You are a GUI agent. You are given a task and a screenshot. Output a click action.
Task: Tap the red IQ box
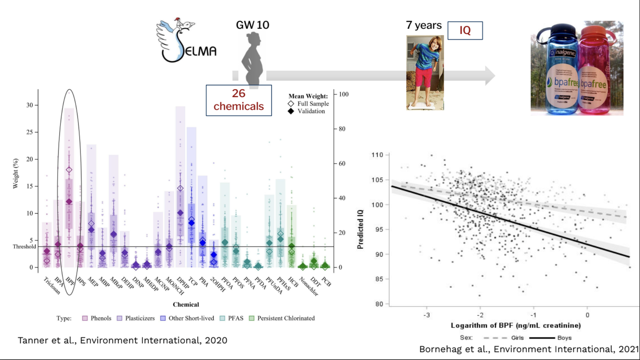(x=465, y=30)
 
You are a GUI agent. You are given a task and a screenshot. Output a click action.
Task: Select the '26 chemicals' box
(x=238, y=100)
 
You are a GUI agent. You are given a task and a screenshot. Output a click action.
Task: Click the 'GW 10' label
(x=252, y=25)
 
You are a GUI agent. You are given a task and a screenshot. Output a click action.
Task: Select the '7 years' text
(x=423, y=25)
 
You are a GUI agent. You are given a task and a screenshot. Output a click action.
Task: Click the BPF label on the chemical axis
(x=70, y=282)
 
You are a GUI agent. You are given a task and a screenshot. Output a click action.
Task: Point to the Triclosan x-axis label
(x=52, y=286)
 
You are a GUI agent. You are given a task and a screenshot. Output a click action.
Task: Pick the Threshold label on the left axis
(x=24, y=247)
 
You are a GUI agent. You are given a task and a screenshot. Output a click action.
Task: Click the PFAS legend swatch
(x=222, y=318)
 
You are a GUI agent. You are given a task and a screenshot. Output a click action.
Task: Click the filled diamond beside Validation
(x=291, y=111)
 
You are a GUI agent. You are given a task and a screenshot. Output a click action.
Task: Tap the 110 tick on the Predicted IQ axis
(x=377, y=155)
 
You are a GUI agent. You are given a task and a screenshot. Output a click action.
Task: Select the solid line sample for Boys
(x=542, y=338)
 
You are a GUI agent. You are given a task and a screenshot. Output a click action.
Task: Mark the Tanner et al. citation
(x=122, y=340)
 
